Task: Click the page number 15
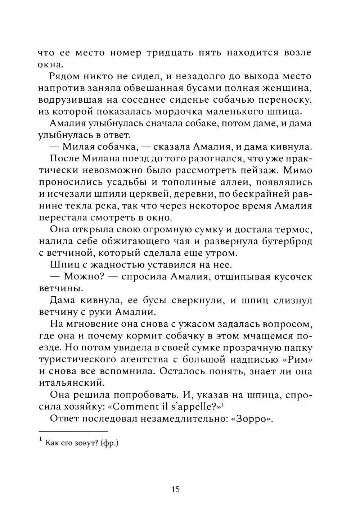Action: pyautogui.click(x=175, y=489)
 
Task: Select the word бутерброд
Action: pyautogui.click(x=287, y=241)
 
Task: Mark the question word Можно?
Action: pyautogui.click(x=79, y=277)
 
